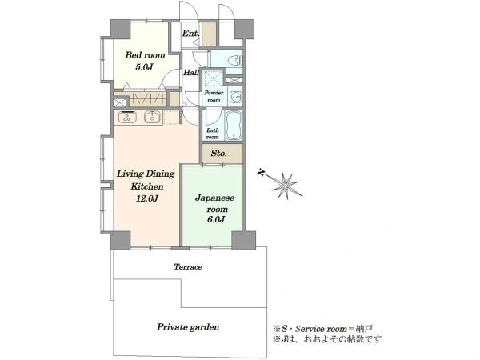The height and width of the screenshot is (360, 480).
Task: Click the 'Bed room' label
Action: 145,55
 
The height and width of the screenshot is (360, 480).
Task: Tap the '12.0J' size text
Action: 147,198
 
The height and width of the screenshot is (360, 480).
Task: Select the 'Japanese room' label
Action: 215,203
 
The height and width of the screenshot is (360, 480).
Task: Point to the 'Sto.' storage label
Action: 218,153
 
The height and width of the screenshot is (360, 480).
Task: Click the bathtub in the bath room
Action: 234,126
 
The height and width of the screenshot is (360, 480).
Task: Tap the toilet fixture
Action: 235,61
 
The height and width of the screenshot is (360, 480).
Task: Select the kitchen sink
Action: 152,117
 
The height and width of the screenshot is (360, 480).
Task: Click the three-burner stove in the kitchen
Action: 128,117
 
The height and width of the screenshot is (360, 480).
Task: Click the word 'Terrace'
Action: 188,267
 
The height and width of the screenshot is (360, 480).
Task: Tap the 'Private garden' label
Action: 188,327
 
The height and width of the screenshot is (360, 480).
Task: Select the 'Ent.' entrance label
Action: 190,33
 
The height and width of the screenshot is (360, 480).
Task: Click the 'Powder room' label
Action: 214,96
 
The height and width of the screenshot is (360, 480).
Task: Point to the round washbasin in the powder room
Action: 236,97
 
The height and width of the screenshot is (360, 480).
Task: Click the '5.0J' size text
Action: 144,66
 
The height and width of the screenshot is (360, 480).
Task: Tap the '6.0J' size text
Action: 216,219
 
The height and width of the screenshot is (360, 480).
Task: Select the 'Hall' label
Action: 191,73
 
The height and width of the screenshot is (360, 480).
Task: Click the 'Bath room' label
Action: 213,134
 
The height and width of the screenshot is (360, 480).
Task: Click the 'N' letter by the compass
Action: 261,174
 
